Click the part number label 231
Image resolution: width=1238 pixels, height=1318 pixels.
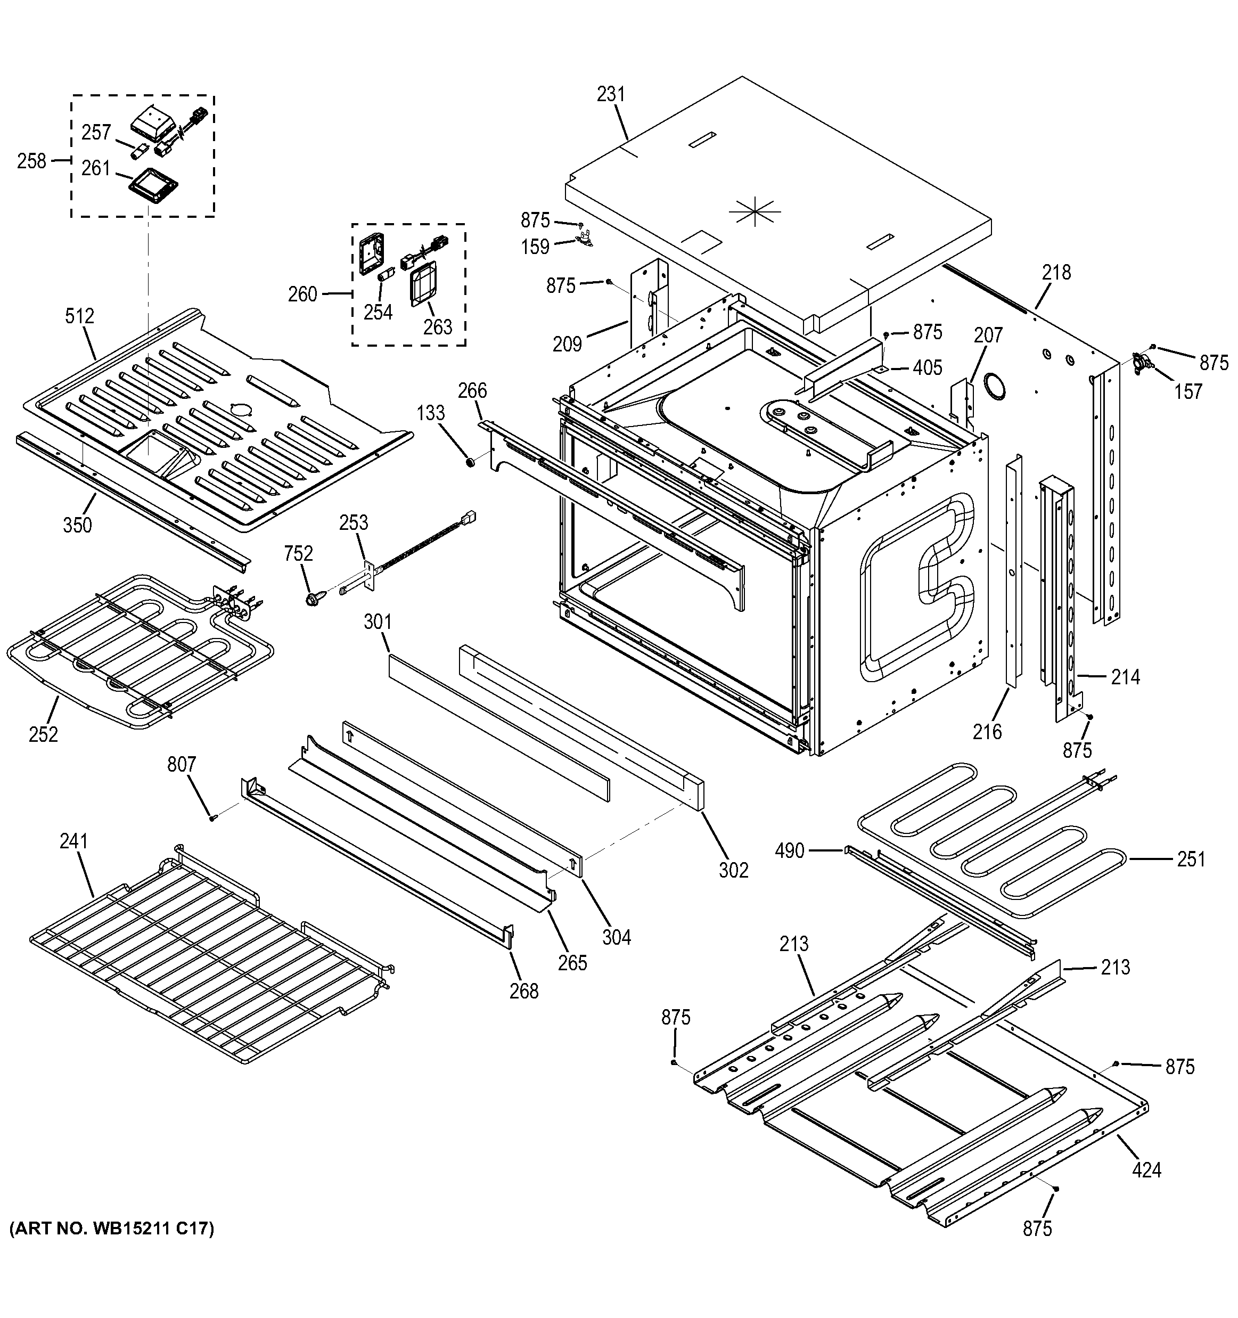(x=610, y=94)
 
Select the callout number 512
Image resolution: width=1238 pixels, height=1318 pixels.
(x=79, y=316)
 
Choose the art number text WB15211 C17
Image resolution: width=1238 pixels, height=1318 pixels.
(x=112, y=1229)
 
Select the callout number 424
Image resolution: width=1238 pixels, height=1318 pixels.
(x=1146, y=1170)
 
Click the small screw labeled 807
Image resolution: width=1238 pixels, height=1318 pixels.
(x=212, y=818)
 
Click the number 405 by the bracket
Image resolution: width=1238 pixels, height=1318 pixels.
(x=927, y=367)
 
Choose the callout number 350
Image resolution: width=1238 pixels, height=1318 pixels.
(x=78, y=525)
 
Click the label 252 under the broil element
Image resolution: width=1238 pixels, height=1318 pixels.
(x=43, y=734)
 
